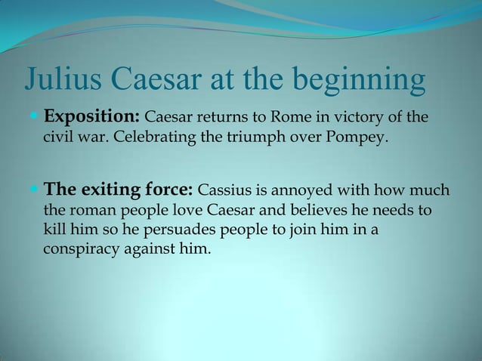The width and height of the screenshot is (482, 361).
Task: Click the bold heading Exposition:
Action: pos(91,118)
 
